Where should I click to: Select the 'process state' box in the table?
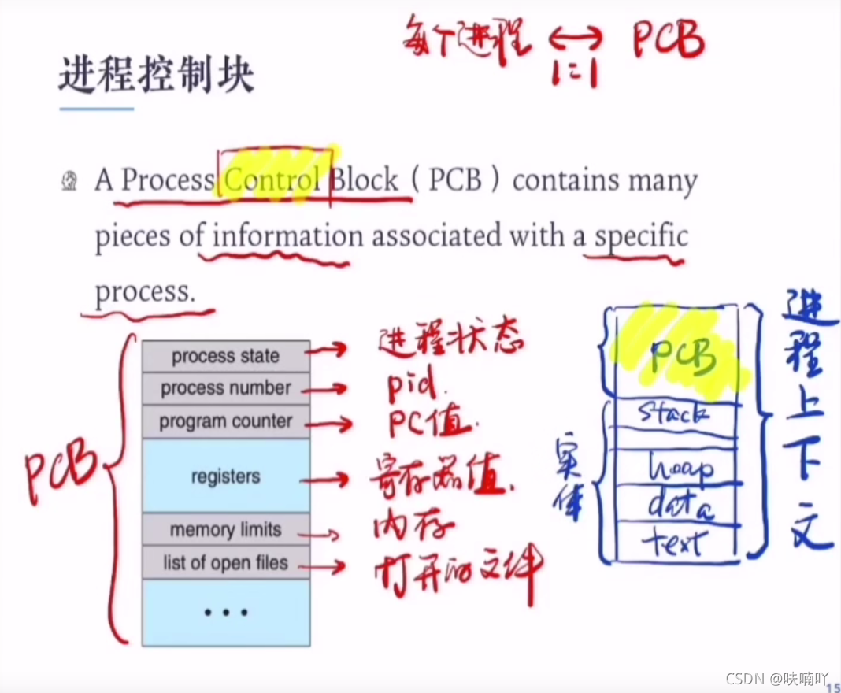(225, 356)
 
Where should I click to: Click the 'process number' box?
(225, 388)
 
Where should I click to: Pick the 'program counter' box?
(225, 421)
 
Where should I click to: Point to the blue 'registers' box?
(225, 476)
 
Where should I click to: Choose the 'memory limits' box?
(225, 530)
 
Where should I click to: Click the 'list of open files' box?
(225, 563)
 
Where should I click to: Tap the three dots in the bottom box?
(225, 612)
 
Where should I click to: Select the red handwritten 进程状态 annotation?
(450, 342)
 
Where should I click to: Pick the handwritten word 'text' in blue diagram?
(674, 542)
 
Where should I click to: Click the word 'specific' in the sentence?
(641, 236)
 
